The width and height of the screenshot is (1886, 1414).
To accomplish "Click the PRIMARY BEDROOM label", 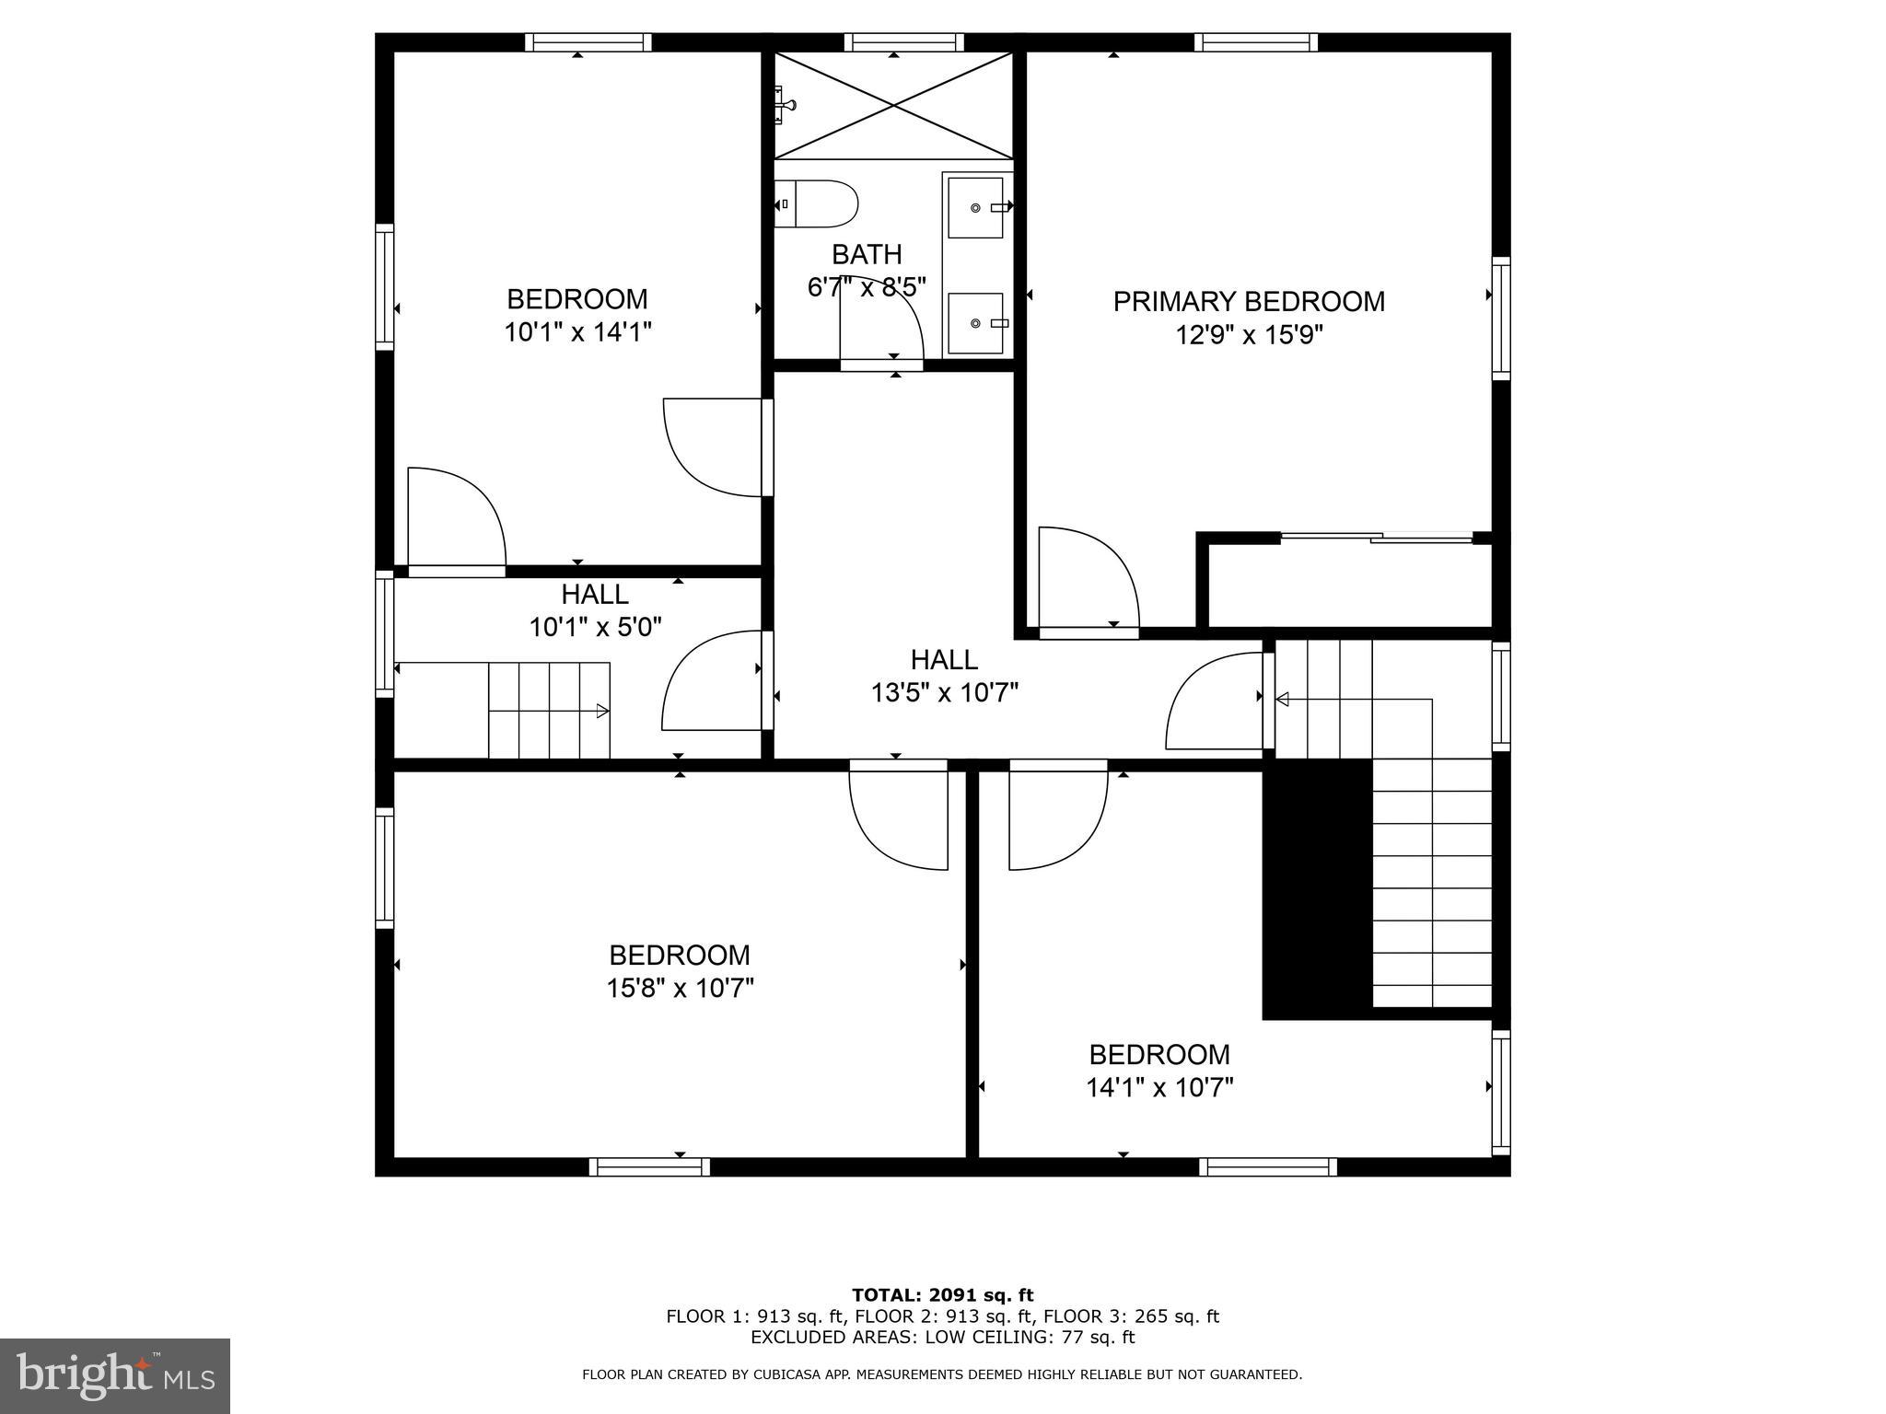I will click(x=1248, y=302).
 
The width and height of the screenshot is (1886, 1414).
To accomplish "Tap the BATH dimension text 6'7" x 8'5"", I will click(x=866, y=287).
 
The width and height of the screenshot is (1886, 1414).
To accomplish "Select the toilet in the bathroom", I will click(x=817, y=204).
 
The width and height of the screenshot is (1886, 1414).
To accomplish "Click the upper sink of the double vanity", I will click(x=975, y=208).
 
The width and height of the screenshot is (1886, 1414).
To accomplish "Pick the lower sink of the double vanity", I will click(x=975, y=323).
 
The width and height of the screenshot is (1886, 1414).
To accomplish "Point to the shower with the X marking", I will click(x=893, y=105).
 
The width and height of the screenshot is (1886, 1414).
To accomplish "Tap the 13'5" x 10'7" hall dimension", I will click(x=944, y=692).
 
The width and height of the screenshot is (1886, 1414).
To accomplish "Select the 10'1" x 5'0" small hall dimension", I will click(x=595, y=627).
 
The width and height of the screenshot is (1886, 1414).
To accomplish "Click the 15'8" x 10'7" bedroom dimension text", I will click(x=680, y=988).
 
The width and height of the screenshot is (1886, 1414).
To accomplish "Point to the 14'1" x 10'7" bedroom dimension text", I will click(x=1159, y=1087).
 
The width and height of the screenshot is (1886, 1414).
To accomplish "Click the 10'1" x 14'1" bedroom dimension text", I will click(x=577, y=331).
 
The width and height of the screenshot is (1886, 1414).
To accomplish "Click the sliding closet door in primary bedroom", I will click(x=1377, y=538).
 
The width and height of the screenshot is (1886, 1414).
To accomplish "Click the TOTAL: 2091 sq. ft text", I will click(x=942, y=1296).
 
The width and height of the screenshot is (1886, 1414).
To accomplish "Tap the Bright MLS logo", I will click(x=115, y=1375).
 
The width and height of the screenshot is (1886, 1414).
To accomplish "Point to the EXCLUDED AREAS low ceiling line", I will click(x=942, y=1338).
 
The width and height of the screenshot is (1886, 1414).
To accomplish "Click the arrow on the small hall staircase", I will click(x=601, y=711).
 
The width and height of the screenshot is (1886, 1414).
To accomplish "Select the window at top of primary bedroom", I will click(x=1256, y=42).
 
